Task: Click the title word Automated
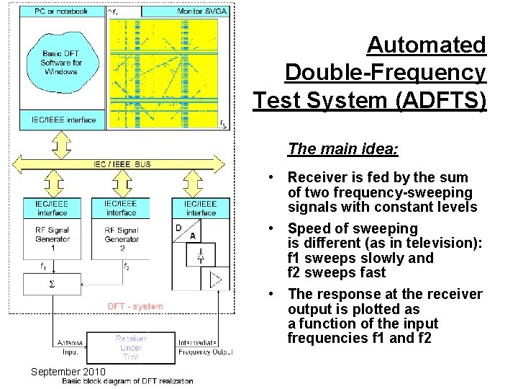tap(426, 45)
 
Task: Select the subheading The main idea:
tap(343, 149)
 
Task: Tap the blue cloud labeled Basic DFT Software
tap(62, 63)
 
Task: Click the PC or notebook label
tap(61, 12)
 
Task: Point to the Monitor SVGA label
tap(201, 12)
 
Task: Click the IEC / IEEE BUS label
tap(122, 164)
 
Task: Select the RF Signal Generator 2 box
tap(121, 235)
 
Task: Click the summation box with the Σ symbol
tap(52, 285)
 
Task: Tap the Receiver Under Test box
tap(131, 348)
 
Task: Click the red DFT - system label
tap(135, 307)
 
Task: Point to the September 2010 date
tap(68, 372)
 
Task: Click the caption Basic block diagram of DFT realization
tap(127, 381)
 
